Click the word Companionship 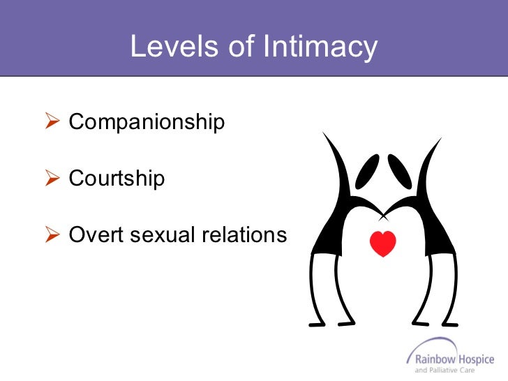pyautogui.click(x=147, y=123)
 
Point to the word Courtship pyautogui.click(x=117, y=178)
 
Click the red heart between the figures pyautogui.click(x=382, y=243)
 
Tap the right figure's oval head pyautogui.click(x=400, y=170)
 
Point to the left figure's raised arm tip pyautogui.click(x=324, y=135)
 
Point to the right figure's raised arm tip pyautogui.click(x=440, y=139)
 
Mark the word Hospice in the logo pyautogui.click(x=477, y=358)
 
